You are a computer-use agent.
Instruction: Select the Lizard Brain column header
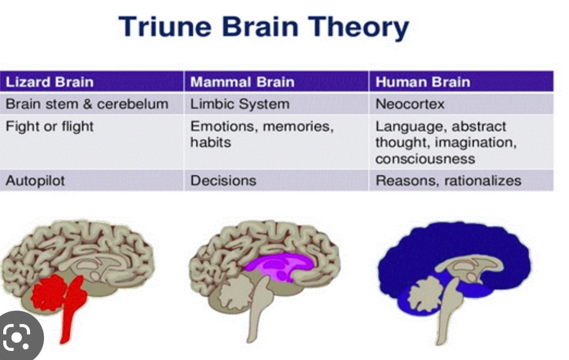click(x=49, y=82)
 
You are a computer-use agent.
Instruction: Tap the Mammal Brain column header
click(x=242, y=82)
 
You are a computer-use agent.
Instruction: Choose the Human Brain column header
click(x=422, y=82)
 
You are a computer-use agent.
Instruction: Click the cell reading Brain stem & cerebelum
click(x=86, y=104)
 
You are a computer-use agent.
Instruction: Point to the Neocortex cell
click(x=410, y=104)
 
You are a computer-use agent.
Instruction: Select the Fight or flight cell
click(x=49, y=127)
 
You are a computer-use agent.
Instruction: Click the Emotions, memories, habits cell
click(x=262, y=134)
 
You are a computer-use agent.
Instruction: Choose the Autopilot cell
click(x=35, y=180)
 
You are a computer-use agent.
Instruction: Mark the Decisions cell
click(x=223, y=180)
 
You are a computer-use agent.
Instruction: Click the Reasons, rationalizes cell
click(x=448, y=180)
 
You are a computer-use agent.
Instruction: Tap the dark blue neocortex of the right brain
click(x=456, y=241)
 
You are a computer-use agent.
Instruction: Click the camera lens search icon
click(x=18, y=337)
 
